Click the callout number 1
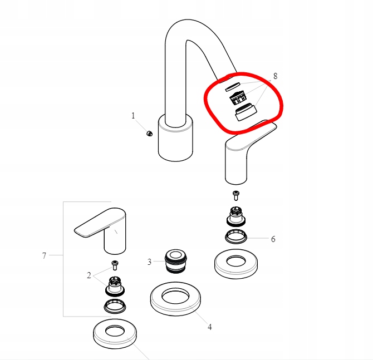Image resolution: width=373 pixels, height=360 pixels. [133, 116]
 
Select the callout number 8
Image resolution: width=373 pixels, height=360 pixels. [274, 76]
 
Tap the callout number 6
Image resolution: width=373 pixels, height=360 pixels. [273, 239]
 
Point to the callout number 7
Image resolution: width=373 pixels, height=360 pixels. [44, 256]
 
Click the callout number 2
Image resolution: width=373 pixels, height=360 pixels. [89, 275]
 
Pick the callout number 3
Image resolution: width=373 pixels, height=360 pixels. [149, 262]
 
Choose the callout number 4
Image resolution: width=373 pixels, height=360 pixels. [209, 327]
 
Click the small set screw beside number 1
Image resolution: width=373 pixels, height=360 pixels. [149, 133]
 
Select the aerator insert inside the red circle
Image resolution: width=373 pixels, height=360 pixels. [239, 98]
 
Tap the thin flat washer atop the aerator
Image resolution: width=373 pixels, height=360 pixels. [232, 86]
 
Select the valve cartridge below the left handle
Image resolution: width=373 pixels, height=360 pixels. [115, 285]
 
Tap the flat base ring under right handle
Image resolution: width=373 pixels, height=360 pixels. [237, 264]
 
